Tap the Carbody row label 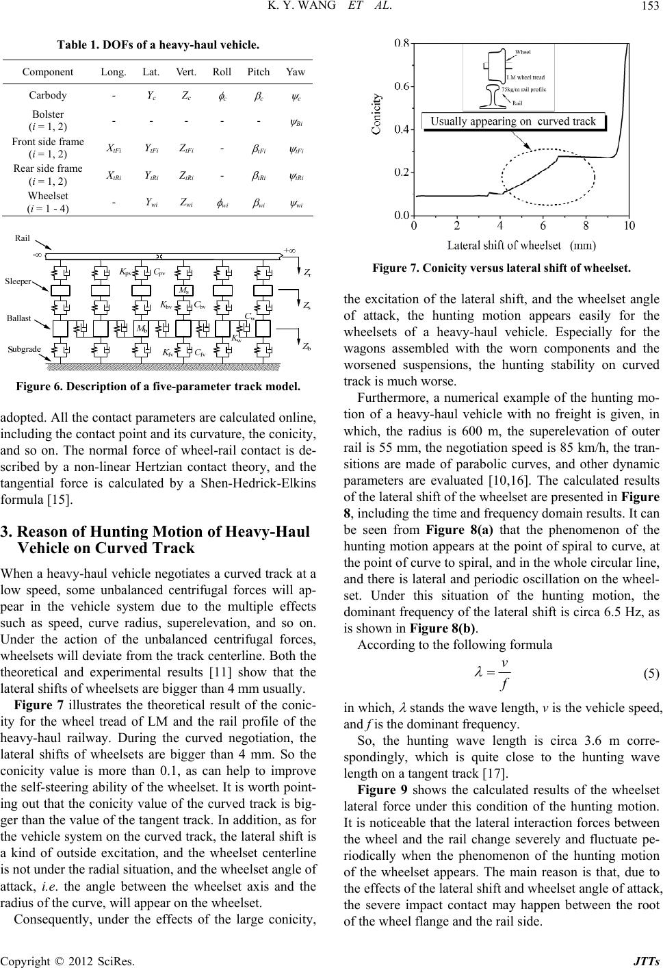pyautogui.click(x=48, y=95)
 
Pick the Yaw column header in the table pyautogui.click(x=296, y=72)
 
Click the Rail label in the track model pyautogui.click(x=23, y=238)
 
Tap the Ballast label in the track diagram pyautogui.click(x=20, y=318)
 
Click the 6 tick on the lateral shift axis pyautogui.click(x=543, y=226)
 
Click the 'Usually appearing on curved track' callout pyautogui.click(x=514, y=122)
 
